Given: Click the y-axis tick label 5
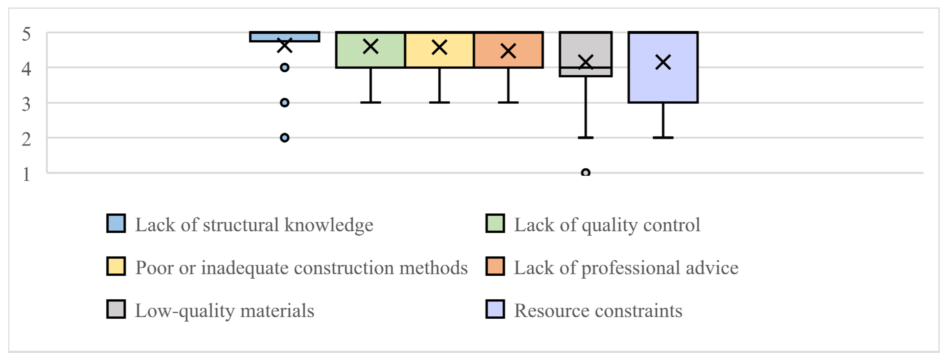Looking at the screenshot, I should [x=26, y=34].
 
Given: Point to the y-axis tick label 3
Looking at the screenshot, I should [x=26, y=105].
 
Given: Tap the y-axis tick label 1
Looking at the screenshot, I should [x=26, y=174].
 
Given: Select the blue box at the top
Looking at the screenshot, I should [x=285, y=37].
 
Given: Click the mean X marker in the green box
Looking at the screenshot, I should [x=370, y=47].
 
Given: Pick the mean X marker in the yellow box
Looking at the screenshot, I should [x=439, y=47].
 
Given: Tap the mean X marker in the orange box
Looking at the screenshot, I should [x=508, y=51].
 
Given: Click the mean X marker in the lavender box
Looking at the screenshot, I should [x=663, y=62].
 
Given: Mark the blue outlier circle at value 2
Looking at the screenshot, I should [x=285, y=138].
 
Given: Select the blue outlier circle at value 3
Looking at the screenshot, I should [x=285, y=102].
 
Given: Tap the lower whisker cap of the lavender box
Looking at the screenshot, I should [x=663, y=138].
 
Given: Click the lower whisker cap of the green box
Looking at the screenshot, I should [x=370, y=102].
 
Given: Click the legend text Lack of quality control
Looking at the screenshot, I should [x=607, y=225].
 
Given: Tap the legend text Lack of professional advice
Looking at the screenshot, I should [x=626, y=268].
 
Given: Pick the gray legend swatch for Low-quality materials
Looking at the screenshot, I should [x=116, y=309].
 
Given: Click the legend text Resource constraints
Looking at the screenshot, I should [x=598, y=311].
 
